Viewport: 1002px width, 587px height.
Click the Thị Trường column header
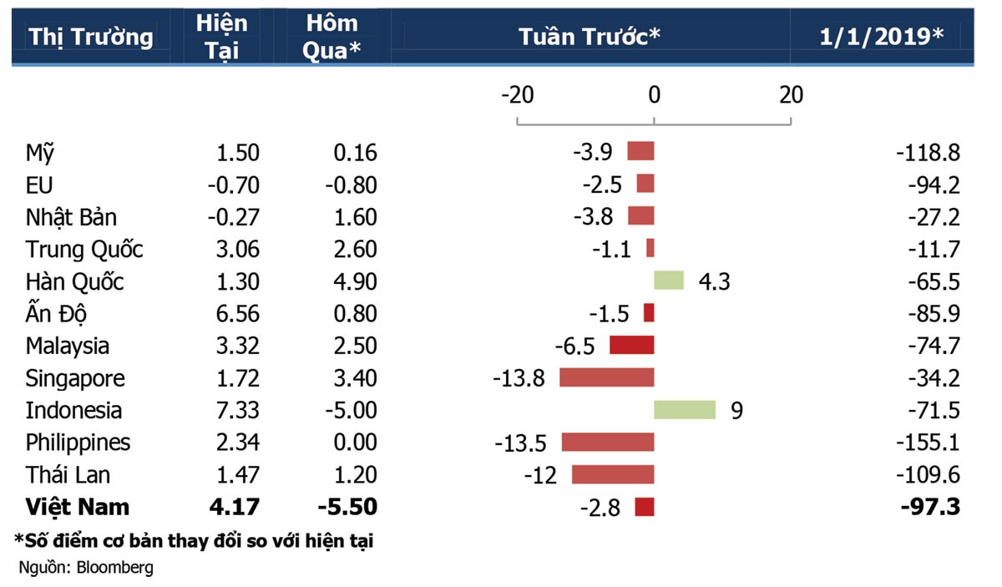[x=91, y=38]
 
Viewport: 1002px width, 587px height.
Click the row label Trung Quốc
[x=84, y=250]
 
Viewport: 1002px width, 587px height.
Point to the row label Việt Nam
[x=78, y=507]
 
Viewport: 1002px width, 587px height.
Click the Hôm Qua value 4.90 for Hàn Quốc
[x=354, y=282]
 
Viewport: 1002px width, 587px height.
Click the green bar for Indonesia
[x=685, y=410]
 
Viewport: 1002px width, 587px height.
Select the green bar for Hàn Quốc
[x=669, y=281]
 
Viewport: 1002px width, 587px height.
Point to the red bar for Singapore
[x=607, y=377]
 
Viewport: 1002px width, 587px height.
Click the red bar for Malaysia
[x=632, y=345]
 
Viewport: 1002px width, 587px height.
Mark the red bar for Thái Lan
[x=613, y=475]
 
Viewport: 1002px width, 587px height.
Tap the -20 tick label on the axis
[x=517, y=95]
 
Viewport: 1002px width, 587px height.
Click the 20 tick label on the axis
[x=791, y=95]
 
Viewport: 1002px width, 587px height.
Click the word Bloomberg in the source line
[x=115, y=568]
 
